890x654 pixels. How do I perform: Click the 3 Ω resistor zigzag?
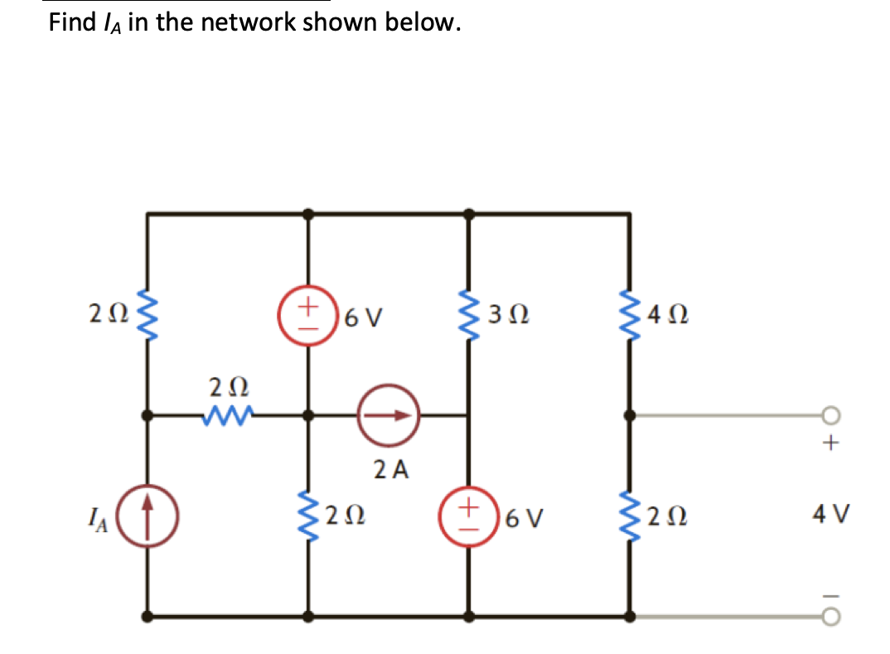coord(470,315)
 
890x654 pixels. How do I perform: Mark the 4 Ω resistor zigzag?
coord(630,315)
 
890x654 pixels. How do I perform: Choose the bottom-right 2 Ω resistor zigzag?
coord(630,518)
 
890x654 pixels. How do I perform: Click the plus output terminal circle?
coord(831,416)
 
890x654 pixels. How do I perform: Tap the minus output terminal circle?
coord(831,616)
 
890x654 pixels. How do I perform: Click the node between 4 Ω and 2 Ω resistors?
coord(630,415)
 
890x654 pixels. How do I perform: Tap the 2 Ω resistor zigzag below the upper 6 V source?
coord(309,518)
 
